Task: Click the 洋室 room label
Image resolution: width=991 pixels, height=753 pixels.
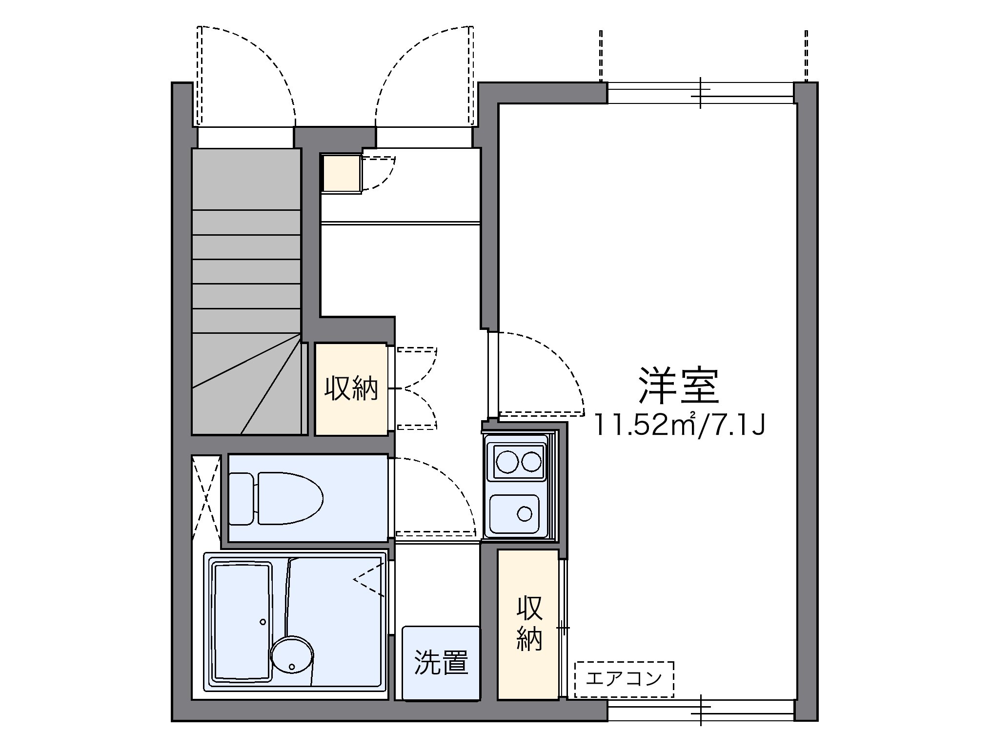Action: coord(679,386)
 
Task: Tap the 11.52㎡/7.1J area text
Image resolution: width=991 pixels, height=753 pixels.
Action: coord(679,425)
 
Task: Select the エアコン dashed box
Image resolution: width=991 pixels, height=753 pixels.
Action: coord(624,679)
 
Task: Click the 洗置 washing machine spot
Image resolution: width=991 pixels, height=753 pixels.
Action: coord(441,663)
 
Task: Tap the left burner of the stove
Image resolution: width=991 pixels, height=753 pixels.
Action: coord(506,461)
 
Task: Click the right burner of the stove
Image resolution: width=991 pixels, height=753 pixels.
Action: coord(531,461)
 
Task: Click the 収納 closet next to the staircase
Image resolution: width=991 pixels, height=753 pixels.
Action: coord(351,389)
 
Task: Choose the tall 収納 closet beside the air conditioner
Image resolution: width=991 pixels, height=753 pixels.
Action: coord(529,624)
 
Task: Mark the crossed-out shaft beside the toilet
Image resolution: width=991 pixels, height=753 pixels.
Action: coord(206,497)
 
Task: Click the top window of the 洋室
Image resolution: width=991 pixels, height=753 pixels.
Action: coord(700,93)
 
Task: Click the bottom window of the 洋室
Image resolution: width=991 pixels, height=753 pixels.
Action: coord(700,710)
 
